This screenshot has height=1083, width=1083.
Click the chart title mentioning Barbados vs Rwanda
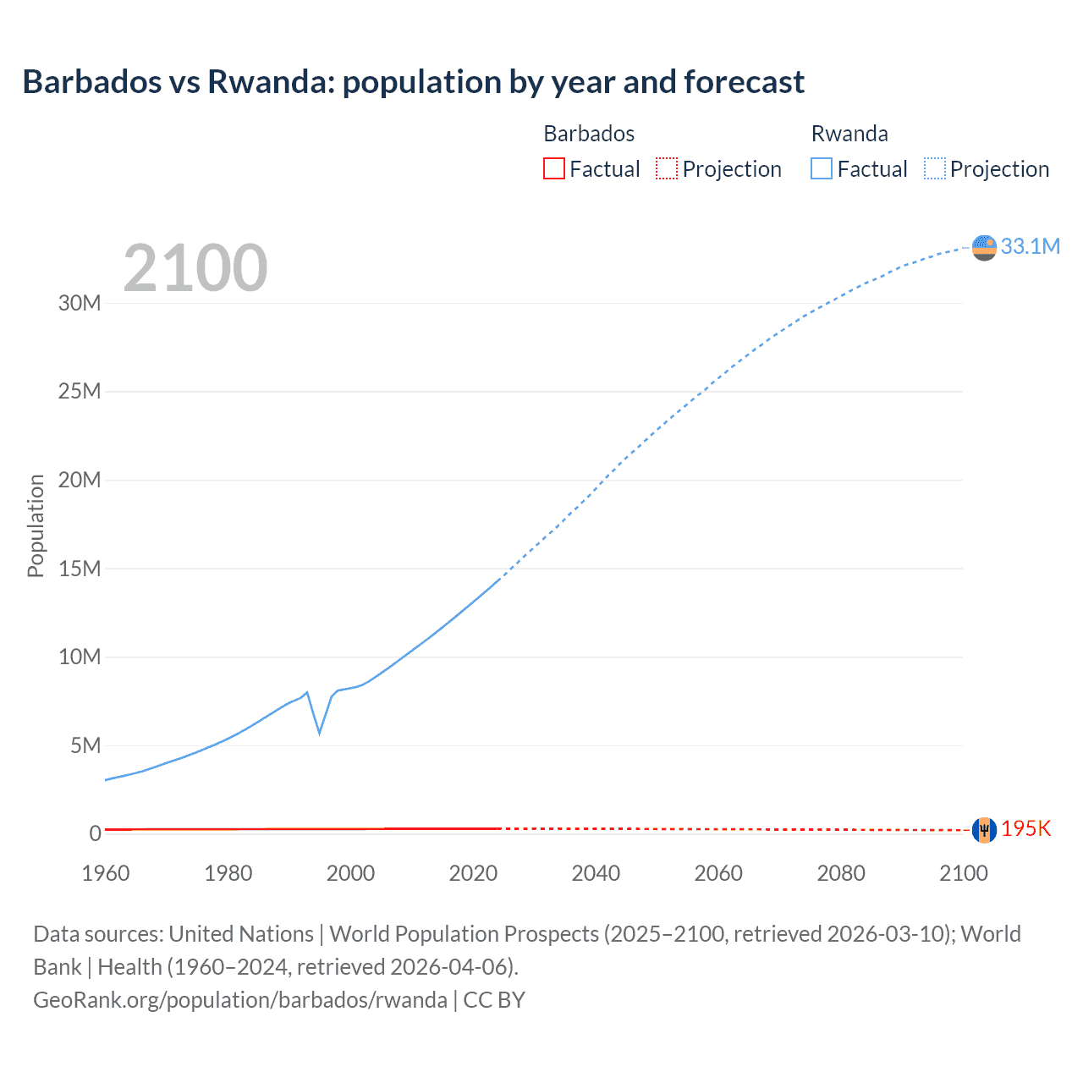tap(413, 82)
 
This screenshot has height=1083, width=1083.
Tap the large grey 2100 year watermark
tap(195, 268)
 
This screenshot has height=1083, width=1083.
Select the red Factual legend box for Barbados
tap(553, 168)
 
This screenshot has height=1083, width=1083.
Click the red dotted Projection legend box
tap(667, 168)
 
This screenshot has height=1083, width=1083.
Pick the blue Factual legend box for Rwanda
tap(821, 168)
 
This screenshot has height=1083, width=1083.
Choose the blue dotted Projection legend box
tap(935, 168)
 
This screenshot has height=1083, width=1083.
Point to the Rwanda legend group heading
tap(849, 134)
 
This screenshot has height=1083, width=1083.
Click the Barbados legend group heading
tap(589, 134)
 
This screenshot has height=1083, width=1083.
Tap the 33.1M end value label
tap(1030, 246)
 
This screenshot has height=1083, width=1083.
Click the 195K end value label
tap(1025, 829)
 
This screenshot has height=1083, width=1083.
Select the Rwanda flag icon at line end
tap(984, 247)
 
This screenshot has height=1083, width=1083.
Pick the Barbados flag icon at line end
tap(984, 830)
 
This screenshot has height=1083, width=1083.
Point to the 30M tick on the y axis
tap(80, 303)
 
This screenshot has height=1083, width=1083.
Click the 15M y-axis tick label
tap(80, 569)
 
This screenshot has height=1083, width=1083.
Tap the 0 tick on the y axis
tap(95, 833)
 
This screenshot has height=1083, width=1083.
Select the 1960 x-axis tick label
tap(106, 873)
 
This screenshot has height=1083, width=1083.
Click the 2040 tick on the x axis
tap(596, 873)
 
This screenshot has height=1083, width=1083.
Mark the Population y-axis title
tap(36, 525)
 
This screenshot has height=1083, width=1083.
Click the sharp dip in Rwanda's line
tap(319, 732)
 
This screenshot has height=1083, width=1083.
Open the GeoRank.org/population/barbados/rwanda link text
tap(240, 1000)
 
